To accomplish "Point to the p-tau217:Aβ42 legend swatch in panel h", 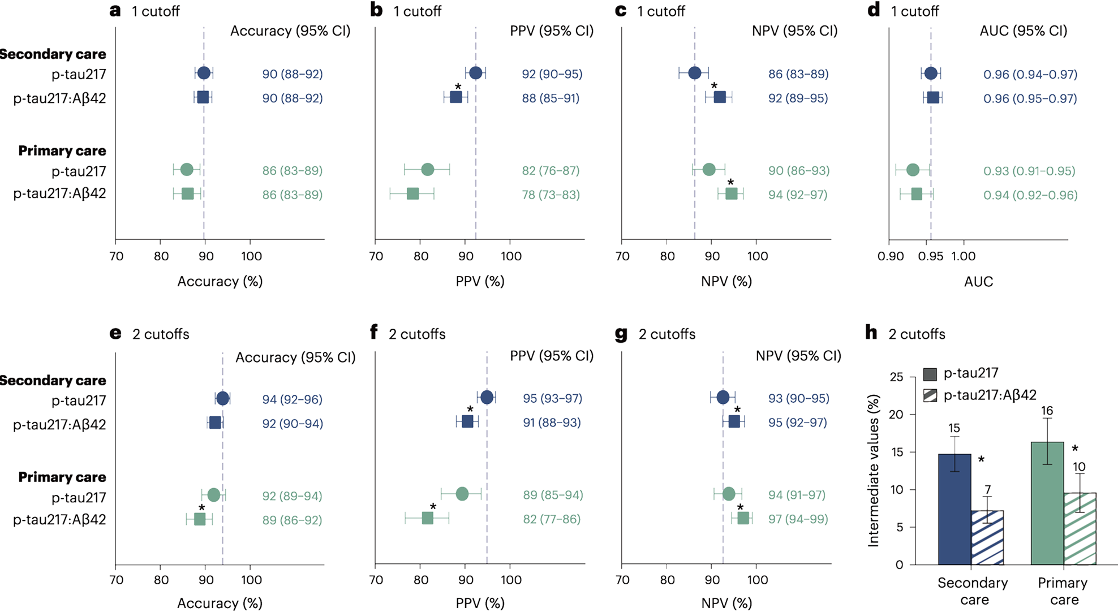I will (x=931, y=396).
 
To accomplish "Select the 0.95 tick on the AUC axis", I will (x=931, y=256).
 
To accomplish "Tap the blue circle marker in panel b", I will (x=476, y=73).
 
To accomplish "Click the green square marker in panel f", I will (x=428, y=519).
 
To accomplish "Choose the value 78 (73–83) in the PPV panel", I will (x=551, y=195).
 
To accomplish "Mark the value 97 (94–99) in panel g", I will (x=798, y=519).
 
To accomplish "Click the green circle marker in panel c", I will (x=709, y=170).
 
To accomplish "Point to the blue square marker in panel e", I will (x=214, y=423).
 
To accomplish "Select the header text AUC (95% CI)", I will (x=1023, y=31).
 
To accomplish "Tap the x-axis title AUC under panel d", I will (x=979, y=281).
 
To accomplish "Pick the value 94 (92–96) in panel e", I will (x=293, y=400).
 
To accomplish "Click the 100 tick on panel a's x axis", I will (x=251, y=256).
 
